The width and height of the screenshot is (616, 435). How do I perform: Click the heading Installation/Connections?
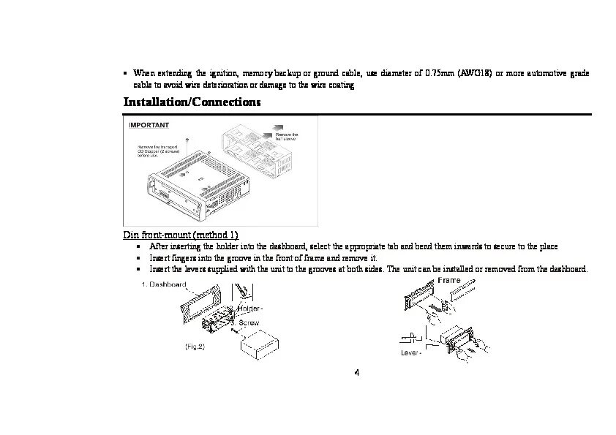click(192, 102)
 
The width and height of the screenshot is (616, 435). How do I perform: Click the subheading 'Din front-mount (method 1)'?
click(181, 235)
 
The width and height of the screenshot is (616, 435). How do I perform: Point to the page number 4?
click(356, 374)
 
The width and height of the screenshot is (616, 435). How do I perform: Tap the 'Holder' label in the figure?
click(251, 308)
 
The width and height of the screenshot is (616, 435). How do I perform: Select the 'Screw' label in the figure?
click(249, 322)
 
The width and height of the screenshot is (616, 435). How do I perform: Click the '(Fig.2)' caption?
click(194, 347)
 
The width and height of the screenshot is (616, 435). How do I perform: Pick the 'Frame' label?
click(449, 281)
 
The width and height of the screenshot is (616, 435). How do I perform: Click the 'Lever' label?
click(411, 354)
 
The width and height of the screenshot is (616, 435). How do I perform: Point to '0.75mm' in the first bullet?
click(440, 74)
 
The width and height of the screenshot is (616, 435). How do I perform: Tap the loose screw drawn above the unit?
click(188, 138)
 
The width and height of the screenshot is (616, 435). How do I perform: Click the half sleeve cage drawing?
click(260, 150)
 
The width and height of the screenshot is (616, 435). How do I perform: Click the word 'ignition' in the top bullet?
click(222, 74)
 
